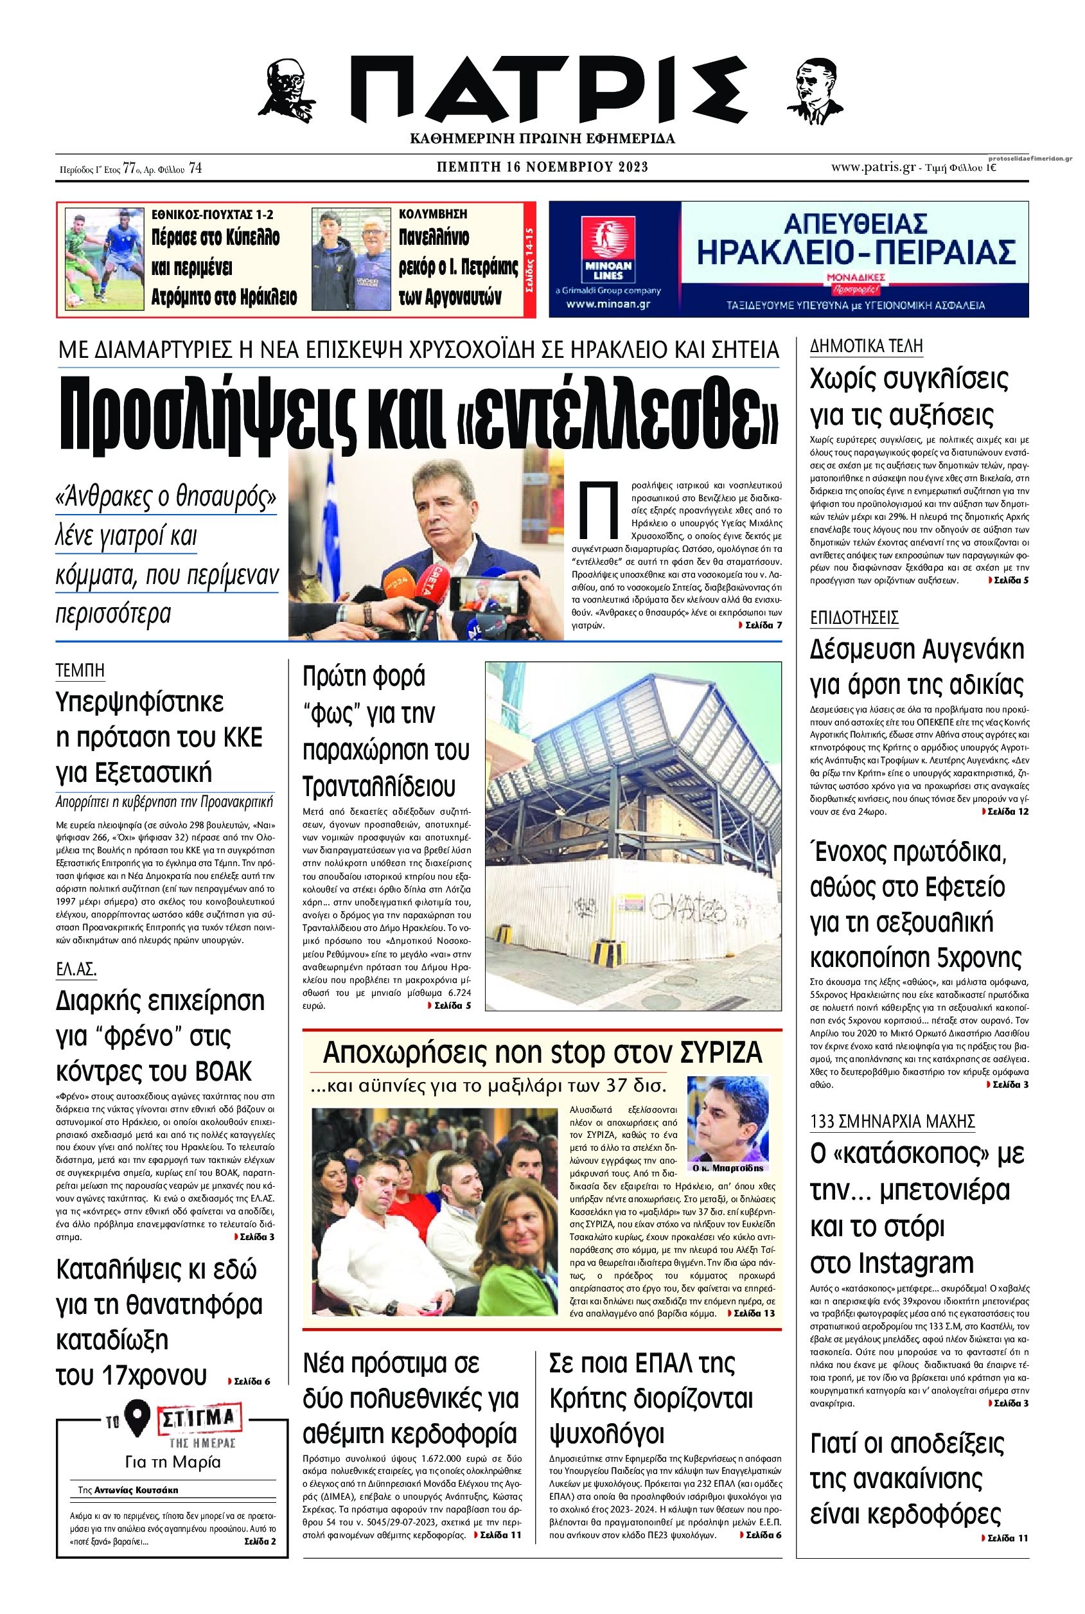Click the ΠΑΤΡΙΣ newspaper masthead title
542,90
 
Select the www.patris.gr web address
875,167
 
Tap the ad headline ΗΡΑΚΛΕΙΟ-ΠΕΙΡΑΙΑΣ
856,251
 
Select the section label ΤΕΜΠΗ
80,670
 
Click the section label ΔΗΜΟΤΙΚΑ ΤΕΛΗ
867,346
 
